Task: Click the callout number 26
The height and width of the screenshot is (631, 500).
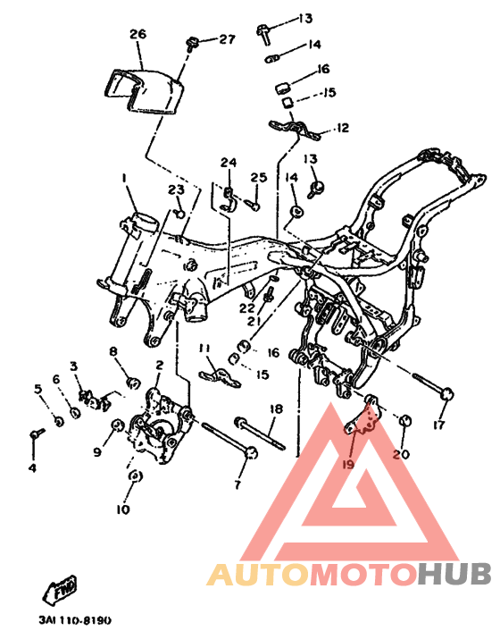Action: click(137, 34)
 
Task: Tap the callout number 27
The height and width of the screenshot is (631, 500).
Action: click(227, 39)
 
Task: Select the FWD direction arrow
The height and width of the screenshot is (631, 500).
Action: click(61, 591)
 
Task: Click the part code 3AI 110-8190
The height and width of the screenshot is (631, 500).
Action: click(75, 619)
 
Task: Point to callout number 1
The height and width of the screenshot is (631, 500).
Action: click(125, 178)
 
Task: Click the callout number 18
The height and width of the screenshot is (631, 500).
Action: click(277, 408)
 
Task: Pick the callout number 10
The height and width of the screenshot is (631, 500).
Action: click(123, 509)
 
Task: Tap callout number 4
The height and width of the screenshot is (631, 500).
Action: click(32, 468)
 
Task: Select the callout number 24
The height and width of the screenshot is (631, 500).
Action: click(229, 163)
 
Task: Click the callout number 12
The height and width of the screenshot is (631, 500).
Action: click(343, 128)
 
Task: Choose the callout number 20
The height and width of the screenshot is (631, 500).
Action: click(401, 454)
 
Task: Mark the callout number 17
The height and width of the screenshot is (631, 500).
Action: click(439, 425)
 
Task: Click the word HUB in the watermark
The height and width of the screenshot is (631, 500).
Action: click(454, 573)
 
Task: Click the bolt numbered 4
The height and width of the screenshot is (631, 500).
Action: click(37, 433)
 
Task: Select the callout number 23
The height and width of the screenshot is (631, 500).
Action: click(176, 189)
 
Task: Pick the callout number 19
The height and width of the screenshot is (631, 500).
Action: click(348, 464)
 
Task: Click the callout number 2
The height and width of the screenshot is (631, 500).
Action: click(160, 365)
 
